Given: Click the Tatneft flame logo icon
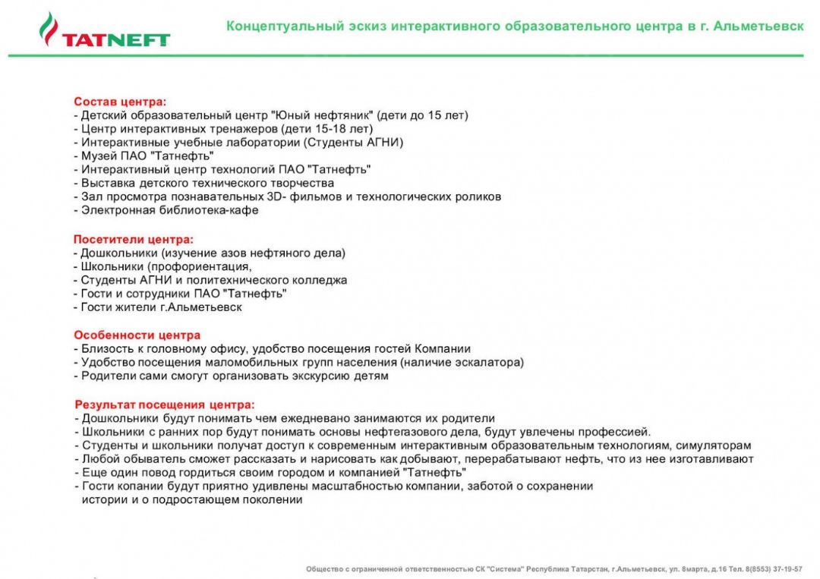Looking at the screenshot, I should pyautogui.click(x=48, y=28).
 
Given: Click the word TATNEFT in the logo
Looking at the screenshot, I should pyautogui.click(x=116, y=40).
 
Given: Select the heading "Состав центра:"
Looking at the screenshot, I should pyautogui.click(x=120, y=101).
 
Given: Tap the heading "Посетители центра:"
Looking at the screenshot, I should pyautogui.click(x=134, y=239).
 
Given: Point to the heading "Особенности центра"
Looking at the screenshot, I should pyautogui.click(x=137, y=335).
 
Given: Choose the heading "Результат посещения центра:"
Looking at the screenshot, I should pyautogui.click(x=165, y=404).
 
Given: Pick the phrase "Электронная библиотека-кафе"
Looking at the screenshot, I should pyautogui.click(x=170, y=210).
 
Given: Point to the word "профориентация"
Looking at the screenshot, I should pyautogui.click(x=200, y=266).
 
